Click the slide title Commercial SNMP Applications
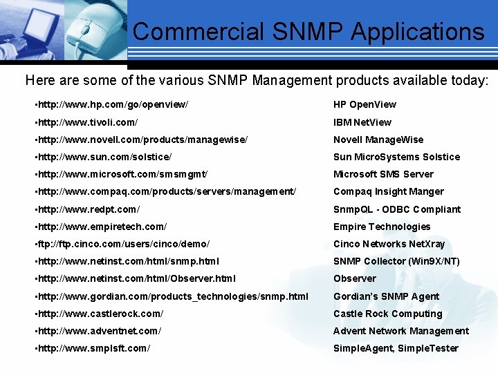pos(308,32)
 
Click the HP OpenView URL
pos(111,104)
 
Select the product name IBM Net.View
pos(362,122)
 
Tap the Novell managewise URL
pos(141,140)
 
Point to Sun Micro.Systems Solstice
pos(396,157)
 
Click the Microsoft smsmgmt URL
pos(121,174)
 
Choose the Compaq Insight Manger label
pos(389,191)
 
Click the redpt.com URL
pos(87,209)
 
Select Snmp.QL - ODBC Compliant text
pos(397,209)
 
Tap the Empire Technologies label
pos(382,227)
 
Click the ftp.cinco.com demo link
pos(122,244)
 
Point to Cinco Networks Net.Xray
pos(389,244)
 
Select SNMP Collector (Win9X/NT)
pos(396,261)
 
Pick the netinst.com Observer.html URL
pos(135,278)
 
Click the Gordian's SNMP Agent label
pos(386,296)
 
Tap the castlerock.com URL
pos(99,314)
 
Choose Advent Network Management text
pos(401,331)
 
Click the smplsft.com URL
pos(92,348)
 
